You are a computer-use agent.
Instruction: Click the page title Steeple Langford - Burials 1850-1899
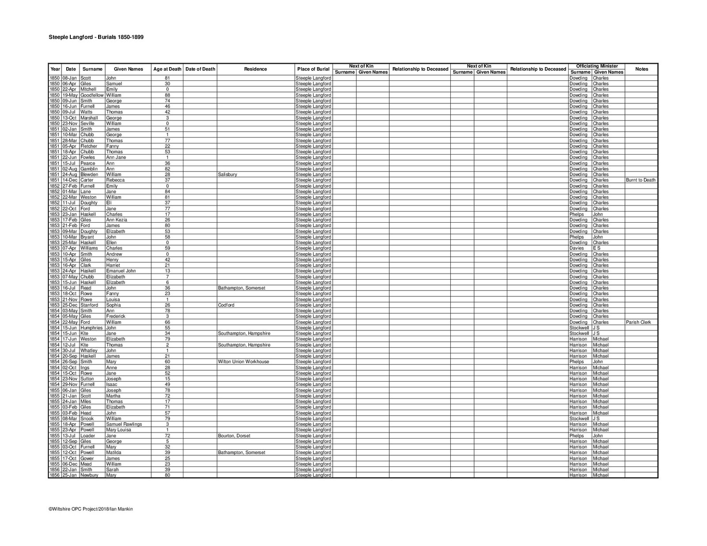click(96, 38)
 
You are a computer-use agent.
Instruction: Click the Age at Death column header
click(167, 69)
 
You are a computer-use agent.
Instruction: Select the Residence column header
click(255, 69)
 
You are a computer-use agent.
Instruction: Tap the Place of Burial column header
click(313, 69)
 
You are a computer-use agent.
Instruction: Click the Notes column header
click(641, 69)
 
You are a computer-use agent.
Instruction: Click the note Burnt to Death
click(641, 180)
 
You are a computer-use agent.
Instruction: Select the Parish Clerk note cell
click(639, 322)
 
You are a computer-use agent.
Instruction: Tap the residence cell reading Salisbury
click(228, 174)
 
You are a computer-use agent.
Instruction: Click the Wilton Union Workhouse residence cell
click(243, 362)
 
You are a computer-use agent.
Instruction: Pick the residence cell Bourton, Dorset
click(234, 436)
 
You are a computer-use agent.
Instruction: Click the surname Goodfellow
click(92, 95)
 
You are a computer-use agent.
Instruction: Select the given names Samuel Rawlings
click(124, 424)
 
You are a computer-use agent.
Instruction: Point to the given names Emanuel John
click(121, 271)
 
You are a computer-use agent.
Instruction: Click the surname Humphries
click(91, 328)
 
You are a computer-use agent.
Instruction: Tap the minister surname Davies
click(577, 248)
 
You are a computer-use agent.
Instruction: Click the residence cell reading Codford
click(226, 305)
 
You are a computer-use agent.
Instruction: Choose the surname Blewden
click(89, 174)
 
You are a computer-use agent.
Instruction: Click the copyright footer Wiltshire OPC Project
click(91, 509)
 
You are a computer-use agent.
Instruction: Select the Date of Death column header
click(200, 69)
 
